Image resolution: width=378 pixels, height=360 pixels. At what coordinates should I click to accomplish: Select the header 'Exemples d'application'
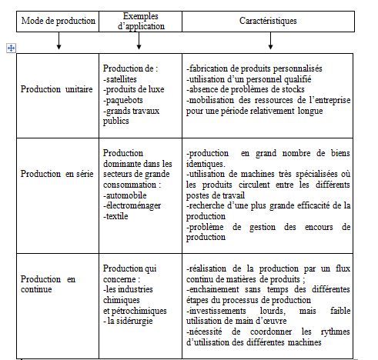point(139,19)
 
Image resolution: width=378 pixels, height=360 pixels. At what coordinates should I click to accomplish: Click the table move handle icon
point(11,48)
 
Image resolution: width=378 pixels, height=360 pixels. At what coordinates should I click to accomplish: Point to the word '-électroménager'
point(132,206)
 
